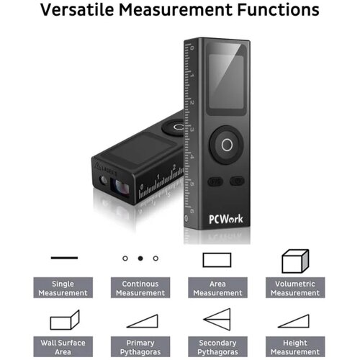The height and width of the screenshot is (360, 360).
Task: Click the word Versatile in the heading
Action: pos(77,10)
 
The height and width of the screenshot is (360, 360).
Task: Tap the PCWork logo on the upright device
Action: pos(226,219)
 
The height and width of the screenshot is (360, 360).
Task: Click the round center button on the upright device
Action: pos(227,145)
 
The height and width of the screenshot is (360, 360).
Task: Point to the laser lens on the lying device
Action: pos(120,186)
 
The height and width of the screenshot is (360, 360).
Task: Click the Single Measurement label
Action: pos(63,288)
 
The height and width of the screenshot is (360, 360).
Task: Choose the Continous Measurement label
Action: pos(140,288)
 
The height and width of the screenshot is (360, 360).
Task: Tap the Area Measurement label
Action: pos(217,288)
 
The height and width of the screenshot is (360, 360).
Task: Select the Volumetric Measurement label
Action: pos(295,288)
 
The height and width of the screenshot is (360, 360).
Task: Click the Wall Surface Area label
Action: pos(63,347)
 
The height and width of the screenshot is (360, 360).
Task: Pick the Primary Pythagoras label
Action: pos(140,347)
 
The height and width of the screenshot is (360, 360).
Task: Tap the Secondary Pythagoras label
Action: pos(217,347)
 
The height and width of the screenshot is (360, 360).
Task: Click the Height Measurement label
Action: pos(295,347)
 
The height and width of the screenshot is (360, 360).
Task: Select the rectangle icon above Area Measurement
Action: pos(203,260)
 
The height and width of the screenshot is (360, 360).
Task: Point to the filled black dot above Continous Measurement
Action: pos(140,258)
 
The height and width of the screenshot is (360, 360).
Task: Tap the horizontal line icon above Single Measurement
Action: pos(64,258)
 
